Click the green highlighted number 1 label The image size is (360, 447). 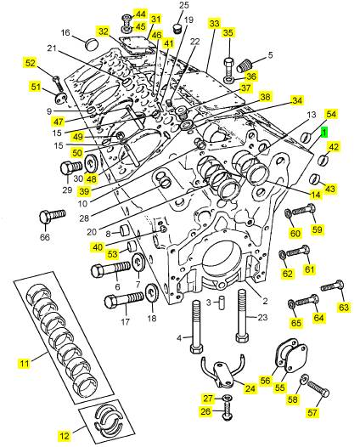324,133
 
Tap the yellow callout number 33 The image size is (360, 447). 214,24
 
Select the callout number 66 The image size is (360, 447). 45,237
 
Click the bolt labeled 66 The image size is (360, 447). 52,217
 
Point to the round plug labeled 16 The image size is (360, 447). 92,44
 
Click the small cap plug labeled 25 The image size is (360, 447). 177,28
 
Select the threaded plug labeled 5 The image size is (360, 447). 245,65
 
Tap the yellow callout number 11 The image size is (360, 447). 25,364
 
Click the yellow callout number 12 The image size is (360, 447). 65,436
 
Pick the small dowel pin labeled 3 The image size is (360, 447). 221,303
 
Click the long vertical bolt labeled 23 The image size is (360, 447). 242,315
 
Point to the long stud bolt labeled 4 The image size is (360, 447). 196,327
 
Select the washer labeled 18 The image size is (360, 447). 152,292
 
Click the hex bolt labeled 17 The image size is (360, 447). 124,300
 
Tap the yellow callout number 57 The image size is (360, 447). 312,412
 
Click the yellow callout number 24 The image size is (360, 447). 250,388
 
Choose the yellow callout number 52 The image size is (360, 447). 31,63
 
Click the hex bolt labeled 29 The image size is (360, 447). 71,167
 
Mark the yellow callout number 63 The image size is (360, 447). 344,308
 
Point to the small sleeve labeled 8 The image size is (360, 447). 125,230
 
